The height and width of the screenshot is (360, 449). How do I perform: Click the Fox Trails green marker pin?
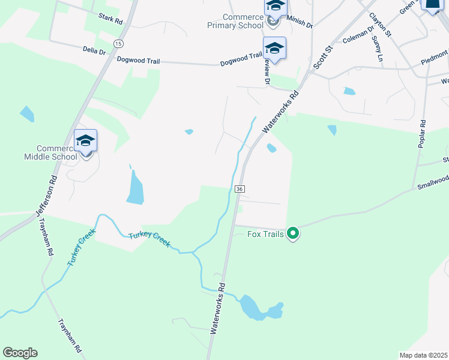[x=293, y=233]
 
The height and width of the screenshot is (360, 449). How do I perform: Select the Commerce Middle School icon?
[x=85, y=142]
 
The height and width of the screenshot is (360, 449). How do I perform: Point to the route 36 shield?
[x=240, y=189]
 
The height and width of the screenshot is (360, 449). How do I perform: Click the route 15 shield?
[x=118, y=44]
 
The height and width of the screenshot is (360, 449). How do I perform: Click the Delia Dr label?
[x=94, y=52]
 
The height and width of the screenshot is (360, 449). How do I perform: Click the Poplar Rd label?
[x=423, y=135]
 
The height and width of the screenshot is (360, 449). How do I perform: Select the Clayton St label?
[x=380, y=25]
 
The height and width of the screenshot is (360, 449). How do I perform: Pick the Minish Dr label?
[x=300, y=23]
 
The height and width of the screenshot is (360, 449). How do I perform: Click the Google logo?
[x=20, y=353]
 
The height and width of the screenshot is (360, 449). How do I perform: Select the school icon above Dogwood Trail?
[x=274, y=48]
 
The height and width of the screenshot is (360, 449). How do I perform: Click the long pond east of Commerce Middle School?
[x=134, y=187]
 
